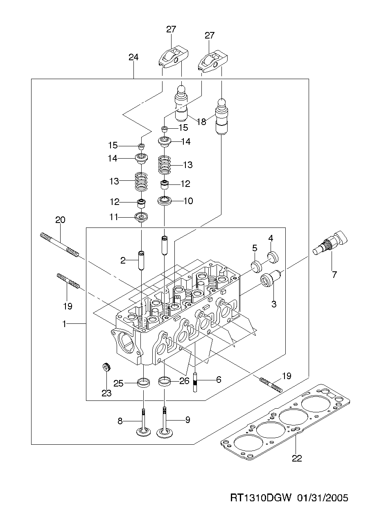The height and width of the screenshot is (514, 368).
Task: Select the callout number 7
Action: [x=334, y=275]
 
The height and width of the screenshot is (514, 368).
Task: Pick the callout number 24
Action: [x=133, y=57]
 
